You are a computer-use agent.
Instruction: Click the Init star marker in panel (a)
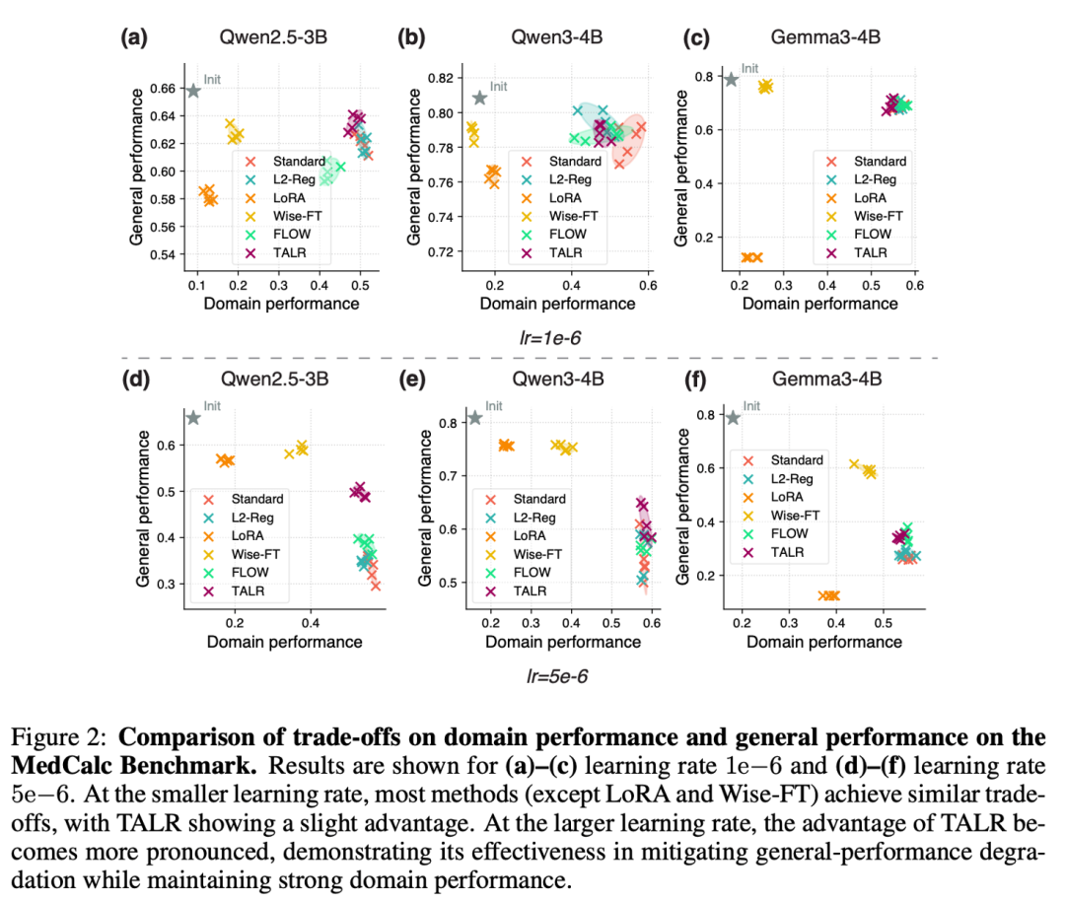pyautogui.click(x=193, y=91)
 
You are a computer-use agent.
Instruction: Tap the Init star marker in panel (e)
pyautogui.click(x=474, y=418)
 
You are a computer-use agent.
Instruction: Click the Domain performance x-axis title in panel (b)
pyautogui.click(x=558, y=304)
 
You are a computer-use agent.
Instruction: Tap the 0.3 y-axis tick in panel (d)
pyautogui.click(x=166, y=585)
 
